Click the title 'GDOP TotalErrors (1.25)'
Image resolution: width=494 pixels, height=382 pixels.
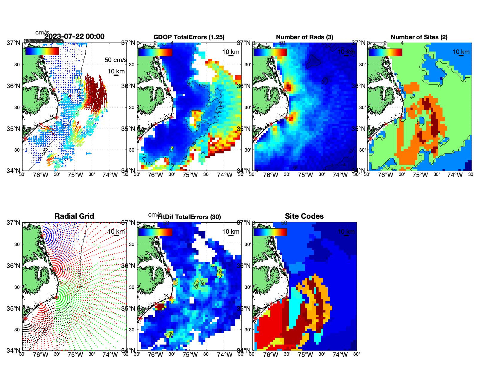tap(189, 37)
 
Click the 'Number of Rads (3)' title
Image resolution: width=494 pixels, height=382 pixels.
tap(304, 37)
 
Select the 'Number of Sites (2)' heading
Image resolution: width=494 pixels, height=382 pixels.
tap(419, 37)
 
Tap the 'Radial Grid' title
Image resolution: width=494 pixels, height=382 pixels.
tap(74, 216)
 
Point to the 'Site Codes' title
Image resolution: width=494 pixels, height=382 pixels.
tap(304, 216)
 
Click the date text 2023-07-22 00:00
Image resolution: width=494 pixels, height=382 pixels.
tap(75, 37)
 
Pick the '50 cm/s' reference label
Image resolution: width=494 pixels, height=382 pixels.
tap(116, 60)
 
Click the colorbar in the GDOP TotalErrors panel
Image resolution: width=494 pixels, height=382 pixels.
tap(155, 52)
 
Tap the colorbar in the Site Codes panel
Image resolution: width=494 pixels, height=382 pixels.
tap(270, 232)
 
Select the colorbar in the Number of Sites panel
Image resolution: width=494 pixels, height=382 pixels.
tap(385, 52)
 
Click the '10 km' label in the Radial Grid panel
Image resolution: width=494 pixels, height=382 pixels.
tap(116, 232)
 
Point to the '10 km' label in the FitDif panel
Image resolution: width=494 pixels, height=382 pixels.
tap(231, 232)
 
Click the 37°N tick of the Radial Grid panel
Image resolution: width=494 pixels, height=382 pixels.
tap(14, 223)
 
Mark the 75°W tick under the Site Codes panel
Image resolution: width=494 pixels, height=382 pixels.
tap(305, 355)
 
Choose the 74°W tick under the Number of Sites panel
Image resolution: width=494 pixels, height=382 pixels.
tap(455, 175)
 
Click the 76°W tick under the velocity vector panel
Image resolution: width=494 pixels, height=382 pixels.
tap(41, 175)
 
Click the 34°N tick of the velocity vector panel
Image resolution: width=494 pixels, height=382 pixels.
tap(14, 171)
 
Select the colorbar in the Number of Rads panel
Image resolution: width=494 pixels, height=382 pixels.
tap(270, 52)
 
